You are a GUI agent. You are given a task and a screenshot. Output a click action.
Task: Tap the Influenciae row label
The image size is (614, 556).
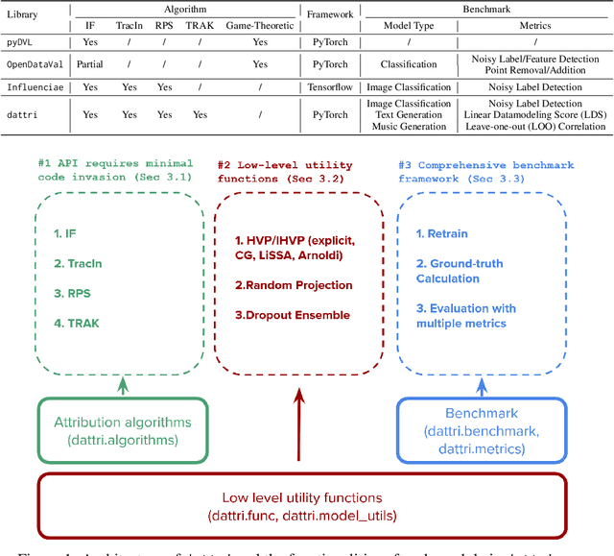[x=34, y=87]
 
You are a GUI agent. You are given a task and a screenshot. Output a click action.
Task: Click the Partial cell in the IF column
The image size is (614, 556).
[x=89, y=63]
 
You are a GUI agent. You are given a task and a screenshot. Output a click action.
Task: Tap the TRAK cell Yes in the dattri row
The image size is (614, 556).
[x=199, y=115]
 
